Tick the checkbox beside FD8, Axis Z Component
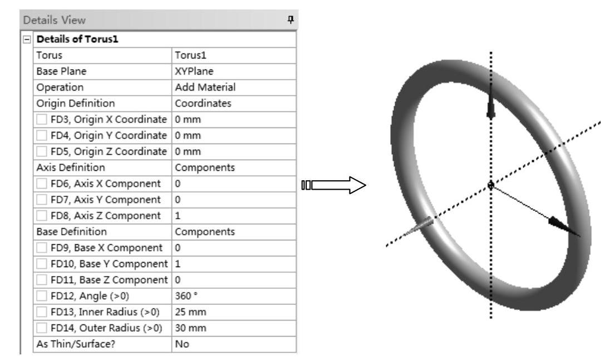click(x=42, y=214)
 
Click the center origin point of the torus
click(x=490, y=185)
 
